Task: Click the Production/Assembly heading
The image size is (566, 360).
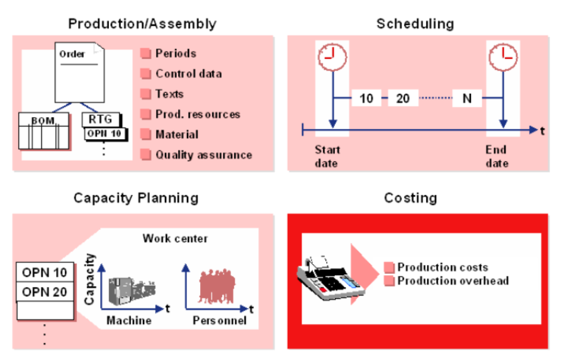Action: (142, 24)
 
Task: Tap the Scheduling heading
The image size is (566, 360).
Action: (415, 24)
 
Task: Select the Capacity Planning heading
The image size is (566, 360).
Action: (135, 198)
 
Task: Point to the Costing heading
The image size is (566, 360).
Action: (410, 198)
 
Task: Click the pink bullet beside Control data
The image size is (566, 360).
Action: (146, 74)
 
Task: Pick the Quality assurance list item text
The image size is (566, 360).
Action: (203, 155)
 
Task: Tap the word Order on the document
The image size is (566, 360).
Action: (72, 54)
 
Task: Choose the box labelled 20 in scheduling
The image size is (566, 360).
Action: (403, 98)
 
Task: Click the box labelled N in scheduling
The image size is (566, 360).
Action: (467, 98)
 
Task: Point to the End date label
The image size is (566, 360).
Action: (497, 156)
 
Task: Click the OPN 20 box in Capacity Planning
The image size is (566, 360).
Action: (44, 292)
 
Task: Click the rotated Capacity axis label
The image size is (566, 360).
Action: (89, 278)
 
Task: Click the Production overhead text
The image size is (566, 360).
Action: (453, 281)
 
